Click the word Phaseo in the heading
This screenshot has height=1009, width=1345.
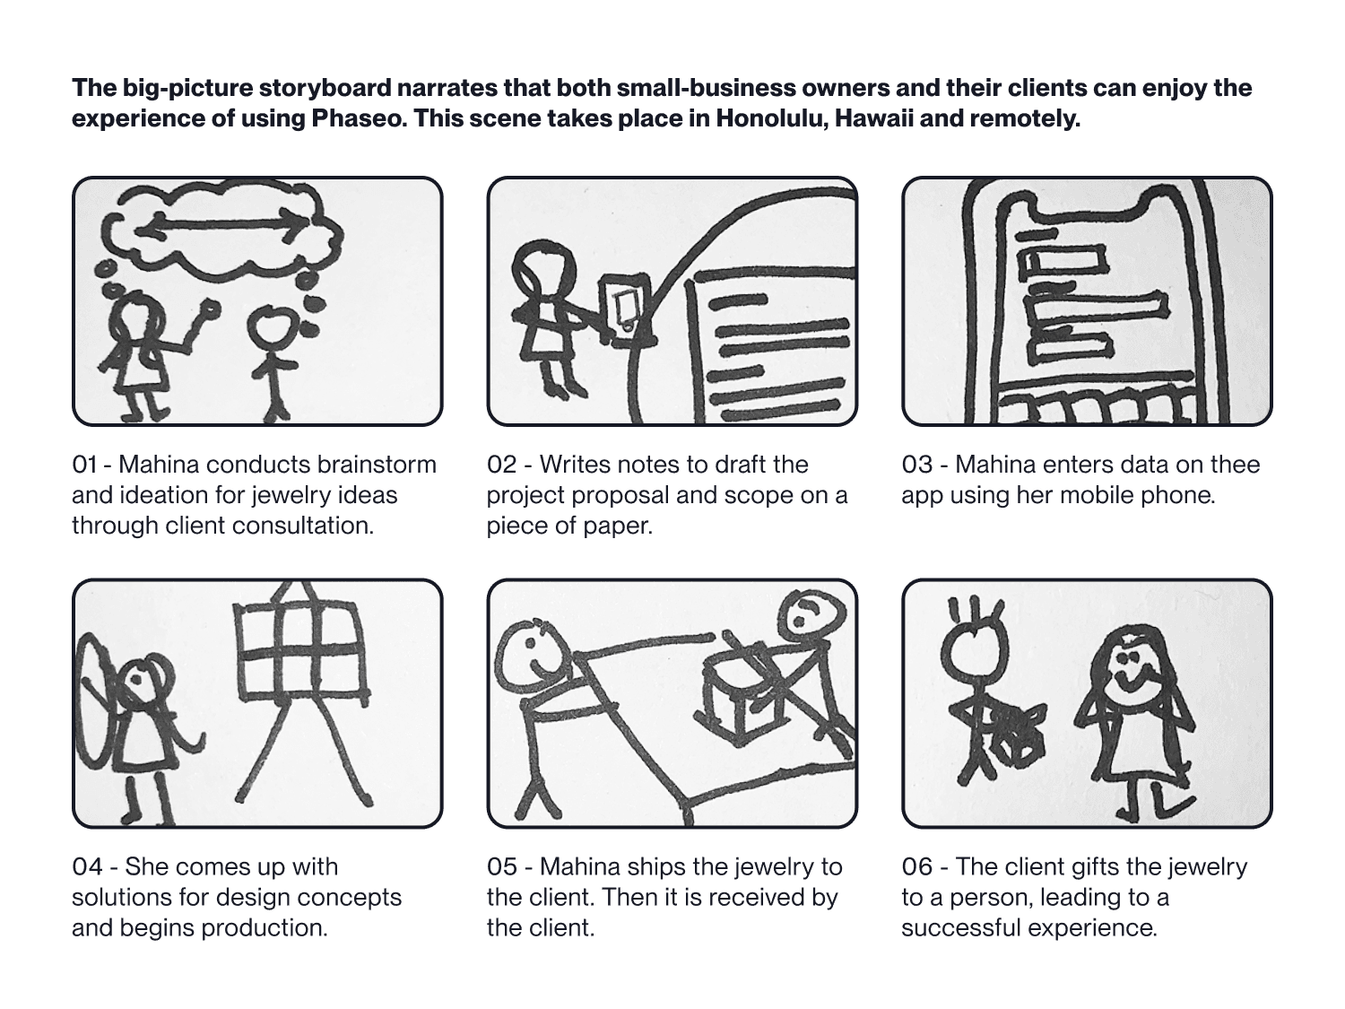coord(358,118)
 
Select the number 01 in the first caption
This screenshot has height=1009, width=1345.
coord(84,465)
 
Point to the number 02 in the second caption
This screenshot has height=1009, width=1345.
coord(501,465)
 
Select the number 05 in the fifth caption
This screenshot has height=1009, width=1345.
coord(501,867)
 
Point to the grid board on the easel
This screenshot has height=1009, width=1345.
coord(302,653)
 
